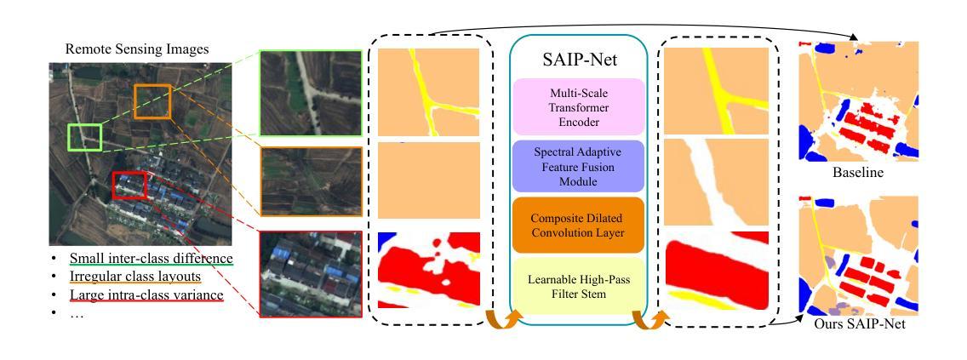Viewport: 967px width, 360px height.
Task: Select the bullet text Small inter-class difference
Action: [x=152, y=258]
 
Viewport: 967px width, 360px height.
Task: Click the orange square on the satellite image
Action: [x=152, y=102]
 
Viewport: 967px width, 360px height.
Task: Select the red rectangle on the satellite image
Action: [x=129, y=185]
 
